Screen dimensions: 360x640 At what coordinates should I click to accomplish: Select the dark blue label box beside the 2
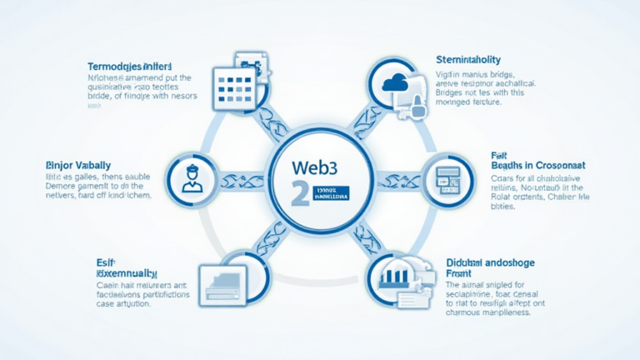[330, 194]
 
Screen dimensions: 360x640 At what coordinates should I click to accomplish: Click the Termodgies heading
[129, 66]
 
